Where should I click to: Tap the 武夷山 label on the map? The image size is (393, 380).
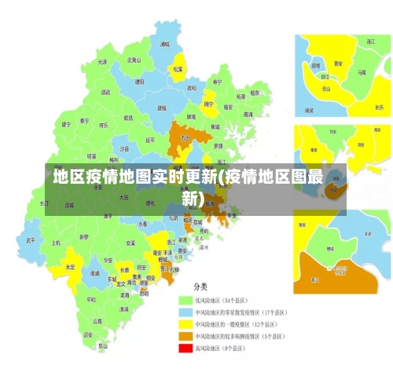tap(134, 60)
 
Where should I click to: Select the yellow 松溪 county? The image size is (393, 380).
tap(178, 69)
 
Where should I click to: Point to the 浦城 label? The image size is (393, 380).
tap(164, 45)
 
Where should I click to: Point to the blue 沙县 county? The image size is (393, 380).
tap(124, 148)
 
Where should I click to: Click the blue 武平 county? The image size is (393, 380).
tap(31, 239)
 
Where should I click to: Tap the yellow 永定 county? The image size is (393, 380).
tap(70, 267)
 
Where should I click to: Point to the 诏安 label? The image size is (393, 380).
tap(87, 334)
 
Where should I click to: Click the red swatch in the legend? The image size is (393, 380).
tap(186, 347)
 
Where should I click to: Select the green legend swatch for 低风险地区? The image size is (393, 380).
tap(186, 300)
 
